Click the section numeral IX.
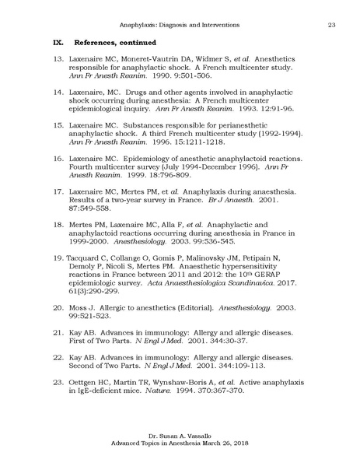point(57,40)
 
